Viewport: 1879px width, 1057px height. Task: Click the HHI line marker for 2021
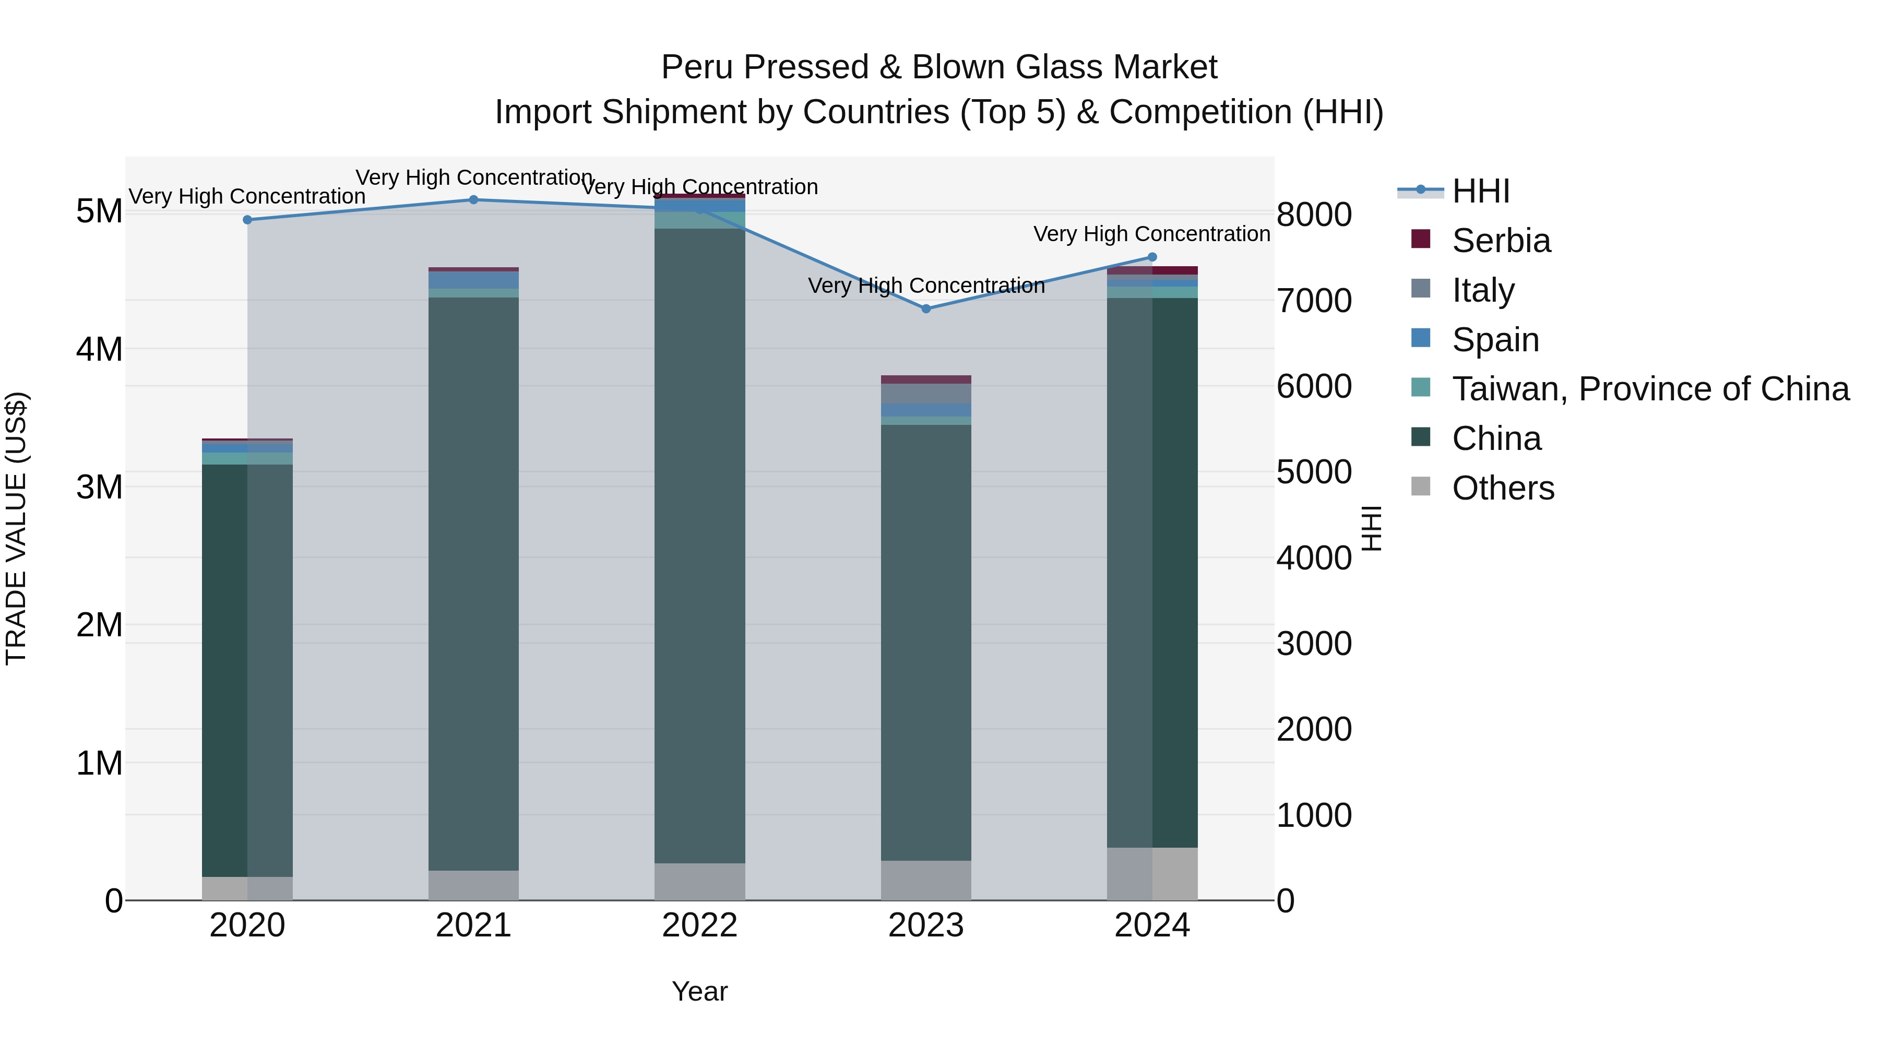[473, 200]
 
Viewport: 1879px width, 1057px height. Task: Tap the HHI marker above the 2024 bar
[1152, 257]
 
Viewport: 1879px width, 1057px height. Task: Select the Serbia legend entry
[1501, 241]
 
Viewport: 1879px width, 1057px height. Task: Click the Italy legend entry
[1483, 290]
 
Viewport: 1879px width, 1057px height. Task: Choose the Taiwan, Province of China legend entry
[1650, 389]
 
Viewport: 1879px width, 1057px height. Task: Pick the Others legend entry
[1503, 488]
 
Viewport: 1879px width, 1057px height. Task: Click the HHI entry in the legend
[1480, 191]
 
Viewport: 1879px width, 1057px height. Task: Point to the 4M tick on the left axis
[99, 349]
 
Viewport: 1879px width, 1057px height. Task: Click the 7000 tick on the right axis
[1314, 301]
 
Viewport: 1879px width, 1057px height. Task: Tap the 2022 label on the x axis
[699, 925]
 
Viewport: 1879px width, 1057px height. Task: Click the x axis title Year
[699, 991]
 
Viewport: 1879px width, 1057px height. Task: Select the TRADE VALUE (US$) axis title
[16, 528]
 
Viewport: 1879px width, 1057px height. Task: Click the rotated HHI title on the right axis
[1371, 528]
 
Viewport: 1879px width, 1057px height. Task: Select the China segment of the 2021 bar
[473, 584]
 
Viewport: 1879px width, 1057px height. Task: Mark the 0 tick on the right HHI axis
[1286, 901]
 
